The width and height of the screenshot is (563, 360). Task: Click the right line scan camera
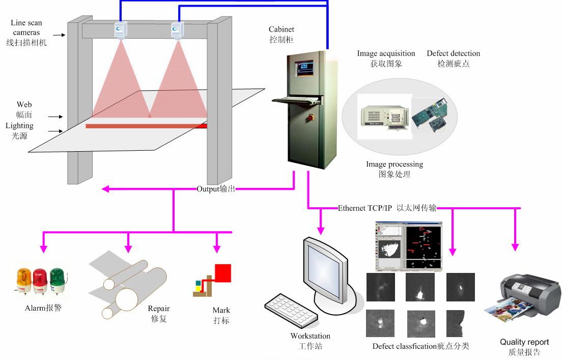[x=177, y=31]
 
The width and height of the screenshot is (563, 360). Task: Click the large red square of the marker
[x=222, y=272]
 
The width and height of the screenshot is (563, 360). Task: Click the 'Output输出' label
[x=216, y=189]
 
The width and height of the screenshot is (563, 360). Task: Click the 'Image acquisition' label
[x=386, y=53]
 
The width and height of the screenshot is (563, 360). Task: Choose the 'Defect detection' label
[x=453, y=53]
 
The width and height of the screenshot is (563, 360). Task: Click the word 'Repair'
[x=159, y=309]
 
